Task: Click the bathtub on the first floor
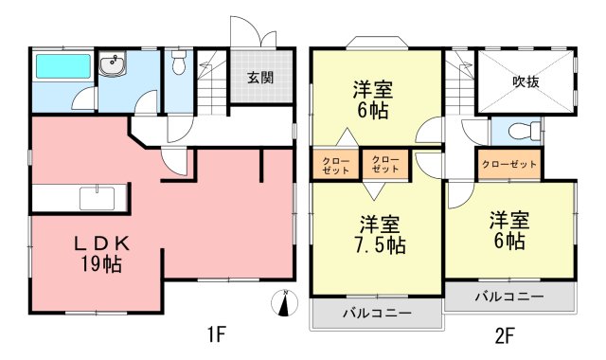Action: pos(63,65)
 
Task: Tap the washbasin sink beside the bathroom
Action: pos(112,63)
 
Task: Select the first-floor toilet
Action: pos(179,63)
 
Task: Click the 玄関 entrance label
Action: pos(260,78)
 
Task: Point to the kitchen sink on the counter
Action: pos(97,198)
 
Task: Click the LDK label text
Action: pos(101,244)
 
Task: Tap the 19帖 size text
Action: pos(101,264)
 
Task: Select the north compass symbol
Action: pos(284,302)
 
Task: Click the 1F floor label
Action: pos(216,334)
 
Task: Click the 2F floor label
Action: pos(505,335)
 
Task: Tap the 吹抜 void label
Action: pos(526,81)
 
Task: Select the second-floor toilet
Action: pos(524,131)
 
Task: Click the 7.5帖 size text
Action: pos(380,244)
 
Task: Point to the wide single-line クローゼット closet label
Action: pos(509,164)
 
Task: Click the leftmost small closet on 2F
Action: pos(335,164)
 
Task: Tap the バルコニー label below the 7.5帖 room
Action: pos(377,313)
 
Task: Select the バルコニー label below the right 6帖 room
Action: pos(509,297)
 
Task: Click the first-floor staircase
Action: pos(212,82)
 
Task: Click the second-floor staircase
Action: pos(459,82)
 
